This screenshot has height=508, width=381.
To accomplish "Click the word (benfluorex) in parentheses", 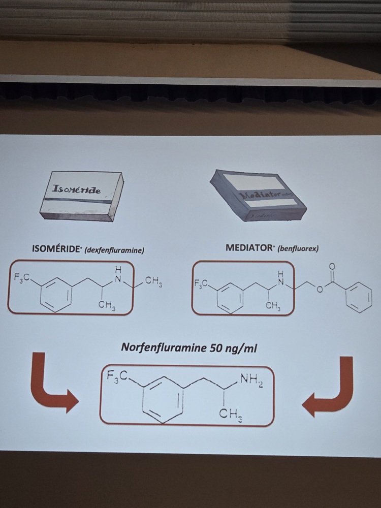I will coord(291,249).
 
